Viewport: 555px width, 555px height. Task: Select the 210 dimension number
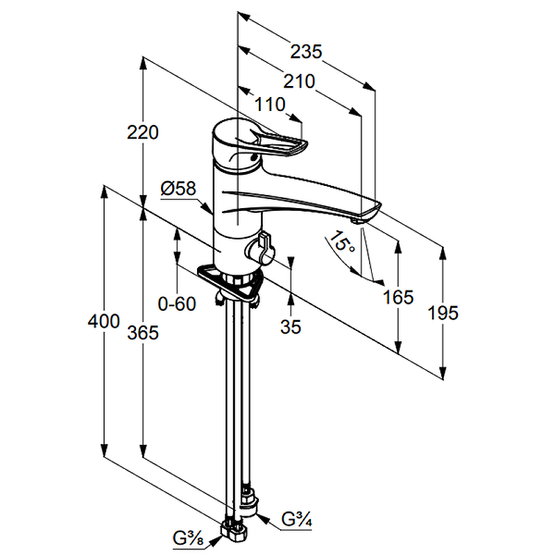pos(300,81)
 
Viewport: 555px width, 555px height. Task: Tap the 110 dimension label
pos(271,105)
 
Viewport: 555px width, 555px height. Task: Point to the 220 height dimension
pos(144,132)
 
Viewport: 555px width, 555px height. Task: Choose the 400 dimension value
pos(104,321)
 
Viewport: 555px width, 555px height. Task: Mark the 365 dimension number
pos(144,333)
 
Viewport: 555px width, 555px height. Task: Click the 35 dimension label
pos(291,327)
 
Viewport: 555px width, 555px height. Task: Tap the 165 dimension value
pos(398,298)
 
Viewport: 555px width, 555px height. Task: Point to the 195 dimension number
pos(443,313)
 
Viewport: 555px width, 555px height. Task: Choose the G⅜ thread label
pos(188,536)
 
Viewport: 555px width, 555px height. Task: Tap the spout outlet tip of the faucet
pos(358,220)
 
